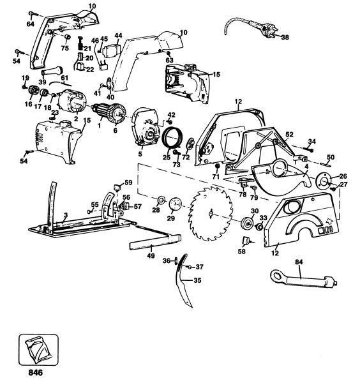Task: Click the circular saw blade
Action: [x=211, y=213]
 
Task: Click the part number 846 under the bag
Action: [x=35, y=373]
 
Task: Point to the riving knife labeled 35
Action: [x=183, y=281]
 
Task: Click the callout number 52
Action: [x=289, y=134]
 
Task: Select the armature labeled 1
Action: [x=109, y=112]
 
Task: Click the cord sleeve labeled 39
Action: [x=52, y=71]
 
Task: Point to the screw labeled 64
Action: [x=33, y=13]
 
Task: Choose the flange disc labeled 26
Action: [x=324, y=181]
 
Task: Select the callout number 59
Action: [x=128, y=183]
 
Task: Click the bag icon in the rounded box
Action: [x=38, y=350]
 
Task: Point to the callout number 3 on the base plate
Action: [x=66, y=215]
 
